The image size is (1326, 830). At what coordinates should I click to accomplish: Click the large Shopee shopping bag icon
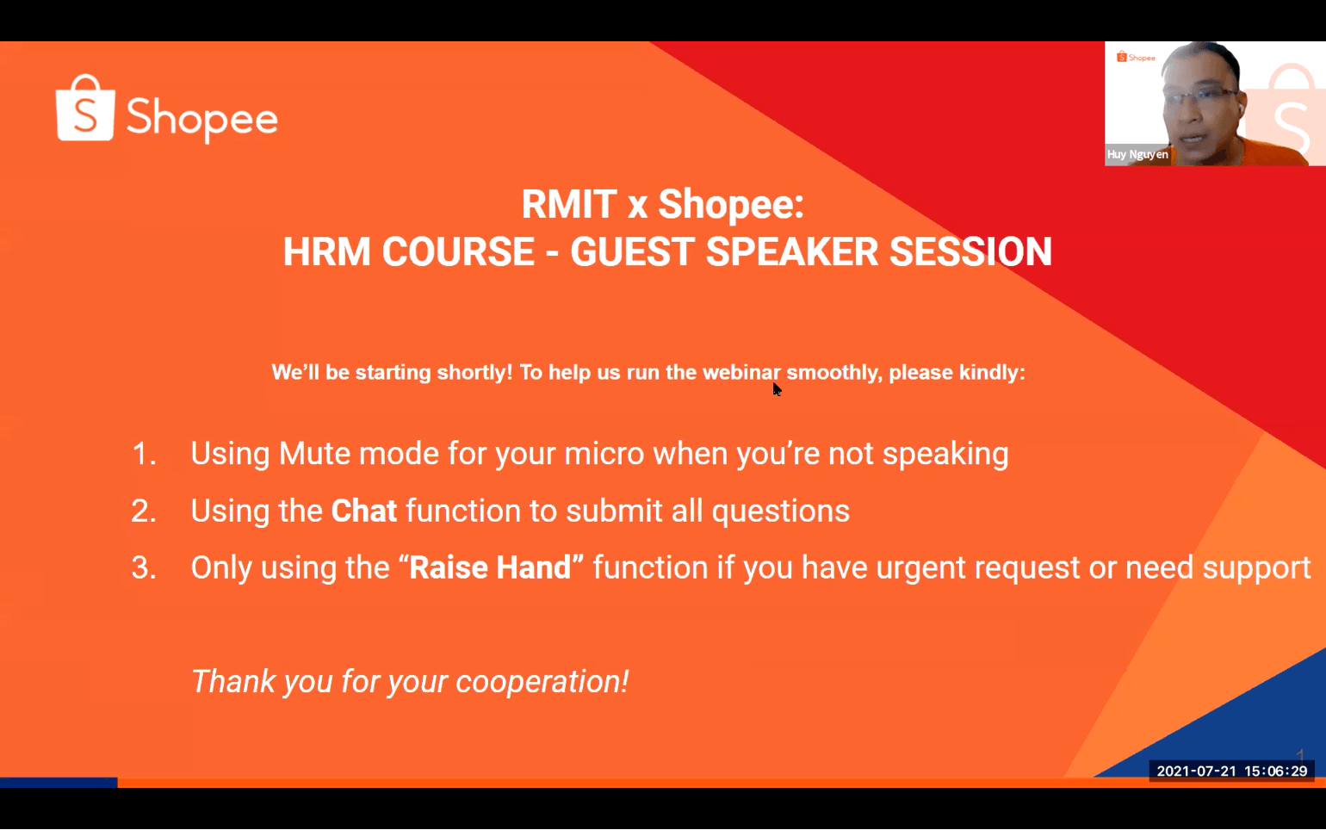click(x=85, y=108)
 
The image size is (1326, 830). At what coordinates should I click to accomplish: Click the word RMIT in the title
click(x=569, y=204)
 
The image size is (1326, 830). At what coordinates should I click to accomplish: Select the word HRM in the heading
click(x=325, y=252)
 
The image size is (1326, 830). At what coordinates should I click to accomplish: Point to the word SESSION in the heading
click(x=971, y=252)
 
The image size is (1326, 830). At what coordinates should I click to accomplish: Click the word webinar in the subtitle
click(x=741, y=372)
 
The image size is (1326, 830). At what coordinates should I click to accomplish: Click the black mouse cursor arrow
click(x=777, y=389)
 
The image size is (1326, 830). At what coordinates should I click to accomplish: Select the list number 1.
click(x=144, y=454)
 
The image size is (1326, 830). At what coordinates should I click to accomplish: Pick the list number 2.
click(x=144, y=511)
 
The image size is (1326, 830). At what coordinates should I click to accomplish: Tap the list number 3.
click(x=144, y=567)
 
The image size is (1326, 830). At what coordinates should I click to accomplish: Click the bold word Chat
click(x=363, y=511)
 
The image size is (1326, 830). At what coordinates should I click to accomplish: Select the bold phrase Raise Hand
click(x=490, y=567)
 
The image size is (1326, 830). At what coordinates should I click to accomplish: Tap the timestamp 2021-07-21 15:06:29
click(x=1232, y=771)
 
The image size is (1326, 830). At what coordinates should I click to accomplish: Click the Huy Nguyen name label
click(x=1137, y=154)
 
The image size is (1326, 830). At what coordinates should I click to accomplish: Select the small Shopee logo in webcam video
click(x=1136, y=58)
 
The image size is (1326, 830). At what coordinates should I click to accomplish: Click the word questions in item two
click(x=780, y=511)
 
